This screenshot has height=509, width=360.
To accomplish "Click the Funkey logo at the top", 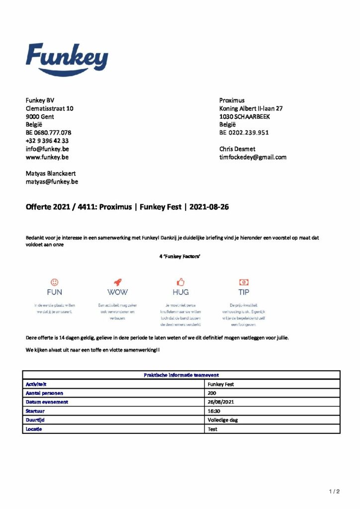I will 67,59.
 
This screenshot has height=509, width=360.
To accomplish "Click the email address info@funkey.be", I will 47,149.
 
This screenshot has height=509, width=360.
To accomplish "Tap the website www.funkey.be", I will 47,157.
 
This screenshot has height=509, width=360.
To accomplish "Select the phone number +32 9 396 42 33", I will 47,141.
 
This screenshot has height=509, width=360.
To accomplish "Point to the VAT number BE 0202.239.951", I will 244,133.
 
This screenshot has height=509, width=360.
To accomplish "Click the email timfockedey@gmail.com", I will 253,157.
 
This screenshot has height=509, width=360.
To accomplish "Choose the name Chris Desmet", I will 237,149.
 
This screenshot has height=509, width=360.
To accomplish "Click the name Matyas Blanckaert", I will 51,173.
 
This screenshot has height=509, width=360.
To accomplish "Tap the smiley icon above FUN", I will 55,281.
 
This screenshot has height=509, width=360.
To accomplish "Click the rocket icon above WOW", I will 117,281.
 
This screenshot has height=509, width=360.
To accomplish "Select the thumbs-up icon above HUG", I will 180,281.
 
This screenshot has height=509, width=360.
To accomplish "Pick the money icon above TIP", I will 243,281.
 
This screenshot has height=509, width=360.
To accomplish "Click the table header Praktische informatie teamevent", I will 181,375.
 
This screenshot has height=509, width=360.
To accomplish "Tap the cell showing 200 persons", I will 212,393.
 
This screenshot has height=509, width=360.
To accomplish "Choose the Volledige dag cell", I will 223,420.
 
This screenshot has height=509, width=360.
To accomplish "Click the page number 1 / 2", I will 334,492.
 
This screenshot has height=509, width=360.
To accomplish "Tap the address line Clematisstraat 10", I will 50,108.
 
